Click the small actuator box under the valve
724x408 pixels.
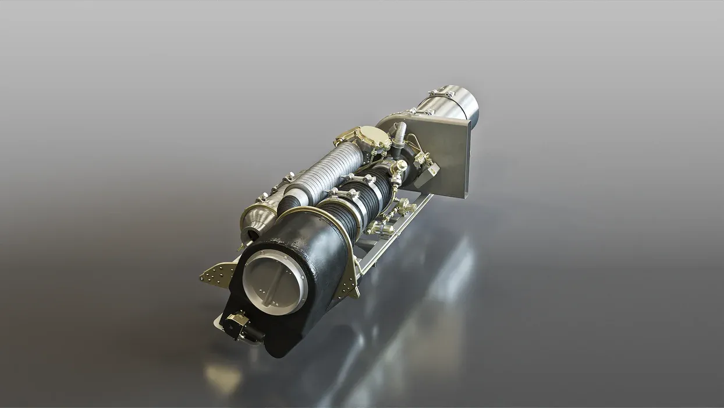pyautogui.click(x=237, y=323)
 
